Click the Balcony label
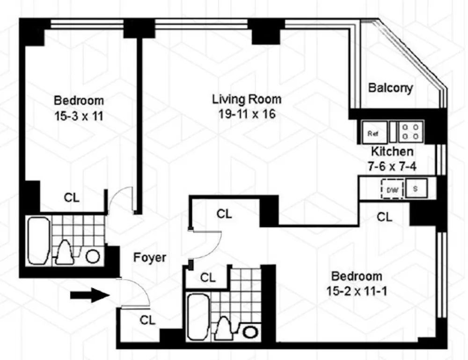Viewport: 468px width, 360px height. click(x=390, y=88)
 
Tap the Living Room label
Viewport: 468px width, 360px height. click(x=247, y=99)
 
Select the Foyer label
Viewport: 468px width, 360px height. click(x=150, y=258)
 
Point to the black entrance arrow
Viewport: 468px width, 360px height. click(x=90, y=295)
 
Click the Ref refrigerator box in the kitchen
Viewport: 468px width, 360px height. click(x=374, y=132)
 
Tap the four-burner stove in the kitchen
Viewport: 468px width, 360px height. click(x=410, y=131)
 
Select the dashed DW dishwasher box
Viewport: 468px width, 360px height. click(x=392, y=189)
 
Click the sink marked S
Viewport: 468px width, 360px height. click(x=416, y=188)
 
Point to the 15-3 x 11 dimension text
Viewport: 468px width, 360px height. click(x=79, y=116)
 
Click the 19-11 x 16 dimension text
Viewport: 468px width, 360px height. click(x=247, y=114)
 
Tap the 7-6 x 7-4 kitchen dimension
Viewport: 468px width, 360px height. click(x=392, y=166)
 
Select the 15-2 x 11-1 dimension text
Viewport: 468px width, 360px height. click(x=357, y=291)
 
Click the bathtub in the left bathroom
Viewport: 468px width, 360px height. click(x=38, y=241)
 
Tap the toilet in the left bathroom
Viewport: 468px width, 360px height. click(x=65, y=252)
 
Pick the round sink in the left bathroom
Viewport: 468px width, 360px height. click(x=93, y=257)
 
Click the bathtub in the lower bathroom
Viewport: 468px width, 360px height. click(x=198, y=317)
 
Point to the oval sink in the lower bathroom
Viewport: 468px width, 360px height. click(x=250, y=332)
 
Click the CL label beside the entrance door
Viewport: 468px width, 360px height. click(x=147, y=320)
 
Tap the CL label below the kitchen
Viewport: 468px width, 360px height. click(x=384, y=217)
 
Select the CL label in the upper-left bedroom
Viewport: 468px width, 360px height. click(x=72, y=197)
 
